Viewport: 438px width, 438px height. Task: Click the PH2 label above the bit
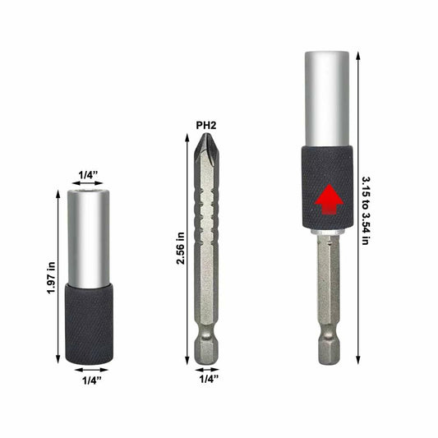click(x=205, y=125)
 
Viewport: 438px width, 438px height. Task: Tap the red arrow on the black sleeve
click(x=328, y=199)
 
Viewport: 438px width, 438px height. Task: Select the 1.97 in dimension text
click(x=50, y=278)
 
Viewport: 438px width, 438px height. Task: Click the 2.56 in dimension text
click(x=179, y=249)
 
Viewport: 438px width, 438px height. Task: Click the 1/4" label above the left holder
click(x=90, y=174)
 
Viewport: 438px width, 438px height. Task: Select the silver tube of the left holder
click(x=89, y=238)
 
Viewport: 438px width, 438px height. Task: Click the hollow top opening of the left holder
click(x=89, y=194)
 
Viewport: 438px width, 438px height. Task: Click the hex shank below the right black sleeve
click(x=328, y=288)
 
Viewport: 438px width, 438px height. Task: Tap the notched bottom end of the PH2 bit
click(x=205, y=349)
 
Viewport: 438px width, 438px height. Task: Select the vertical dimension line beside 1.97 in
click(x=58, y=278)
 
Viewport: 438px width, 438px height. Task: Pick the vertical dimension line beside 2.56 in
click(x=187, y=249)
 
